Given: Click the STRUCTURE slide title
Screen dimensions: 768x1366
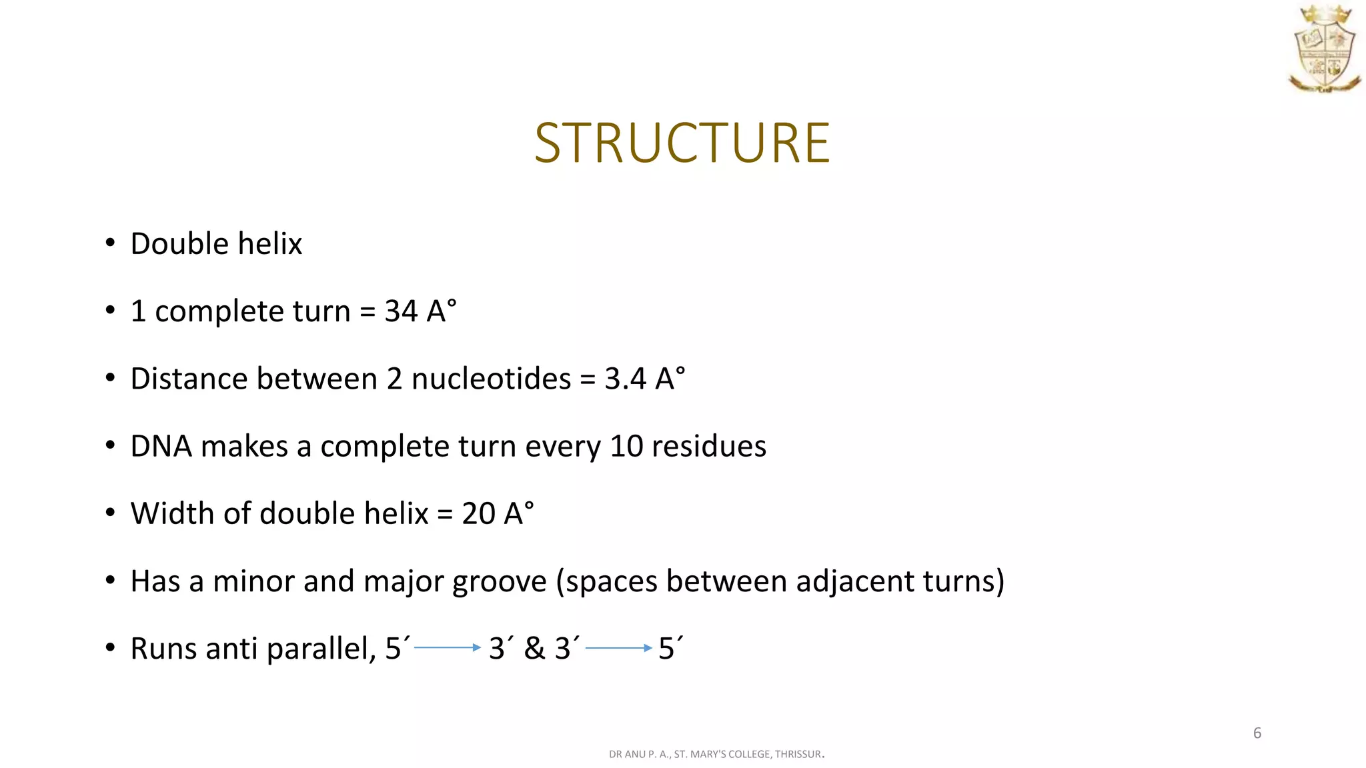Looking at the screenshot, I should point(682,143).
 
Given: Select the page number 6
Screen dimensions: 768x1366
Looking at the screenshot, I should point(1257,733).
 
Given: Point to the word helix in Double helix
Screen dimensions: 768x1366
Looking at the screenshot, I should point(273,243).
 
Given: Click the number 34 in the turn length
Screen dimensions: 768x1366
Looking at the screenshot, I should point(401,311).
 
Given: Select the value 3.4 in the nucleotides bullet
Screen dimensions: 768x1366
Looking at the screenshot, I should point(626,379).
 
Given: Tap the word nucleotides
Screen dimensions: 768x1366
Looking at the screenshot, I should point(491,379).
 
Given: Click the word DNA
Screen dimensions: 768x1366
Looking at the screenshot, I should point(161,446).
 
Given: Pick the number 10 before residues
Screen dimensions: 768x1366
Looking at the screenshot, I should point(626,446).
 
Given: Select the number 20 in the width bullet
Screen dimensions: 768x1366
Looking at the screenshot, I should point(478,513).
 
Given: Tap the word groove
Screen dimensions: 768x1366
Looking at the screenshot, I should point(500,582).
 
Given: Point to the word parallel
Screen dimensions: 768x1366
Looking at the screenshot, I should point(321,649).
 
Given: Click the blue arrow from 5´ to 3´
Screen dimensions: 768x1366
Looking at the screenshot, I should point(448,647).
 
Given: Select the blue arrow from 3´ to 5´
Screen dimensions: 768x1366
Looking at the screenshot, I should point(618,647).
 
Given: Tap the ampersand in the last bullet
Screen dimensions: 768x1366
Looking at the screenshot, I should point(534,649).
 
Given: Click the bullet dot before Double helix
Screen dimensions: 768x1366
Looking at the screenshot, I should point(110,243).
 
